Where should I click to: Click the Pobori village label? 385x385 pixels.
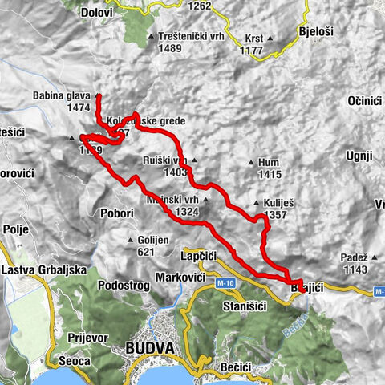[x=118, y=214]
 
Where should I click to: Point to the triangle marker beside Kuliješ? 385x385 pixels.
[x=254, y=203]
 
